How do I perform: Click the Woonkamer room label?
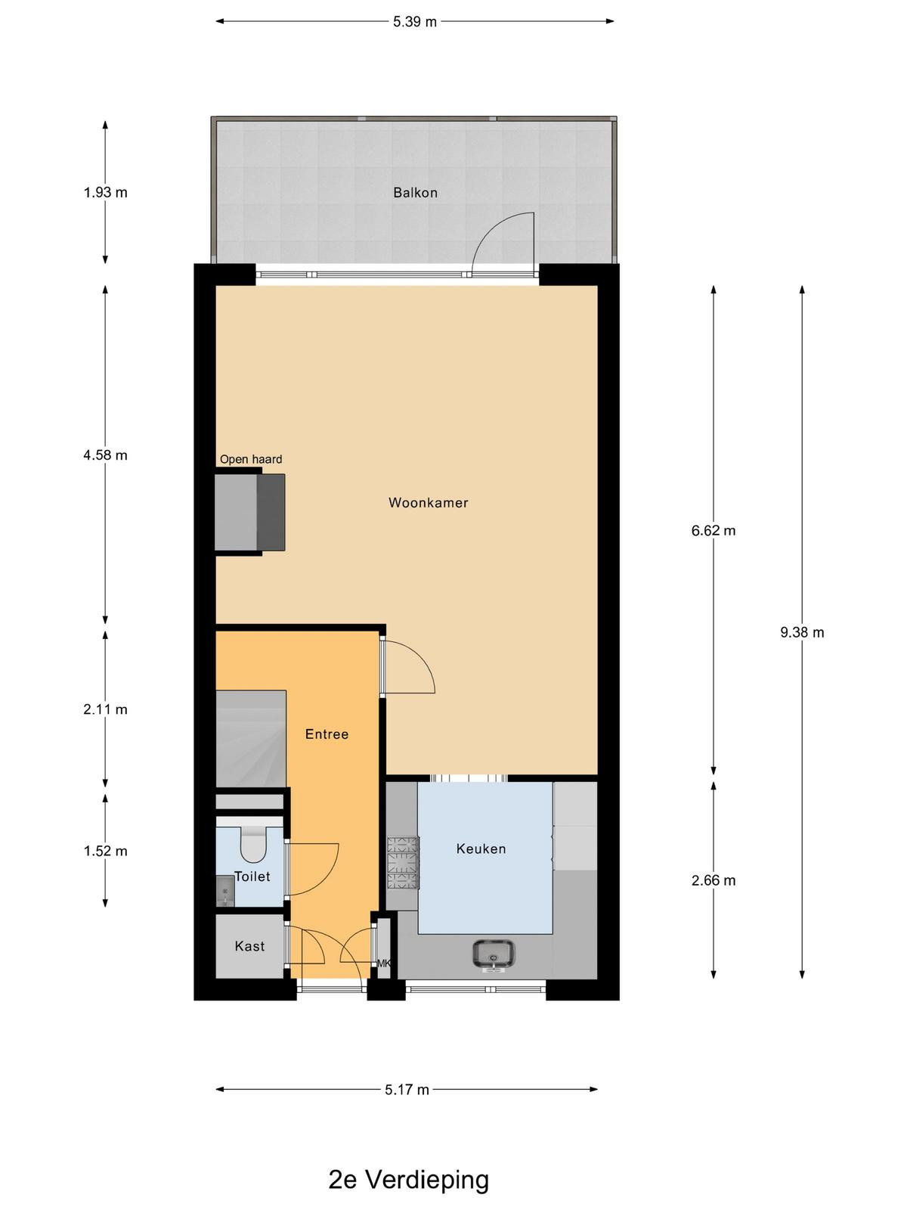point(428,502)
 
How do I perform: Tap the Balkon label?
point(415,192)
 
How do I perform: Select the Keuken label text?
point(481,849)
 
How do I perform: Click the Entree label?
point(327,734)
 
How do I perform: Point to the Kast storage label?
point(249,946)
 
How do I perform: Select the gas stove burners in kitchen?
point(403,863)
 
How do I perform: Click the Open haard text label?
point(251,459)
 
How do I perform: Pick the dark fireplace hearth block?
point(271,512)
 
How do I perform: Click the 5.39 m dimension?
point(415,21)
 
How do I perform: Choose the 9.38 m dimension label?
point(802,632)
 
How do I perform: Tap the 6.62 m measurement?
point(714,530)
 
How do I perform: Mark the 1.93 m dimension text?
point(105,192)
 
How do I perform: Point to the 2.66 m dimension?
point(714,880)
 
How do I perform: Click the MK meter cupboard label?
point(384,963)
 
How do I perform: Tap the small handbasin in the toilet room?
point(224,890)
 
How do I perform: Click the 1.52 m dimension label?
point(105,851)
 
